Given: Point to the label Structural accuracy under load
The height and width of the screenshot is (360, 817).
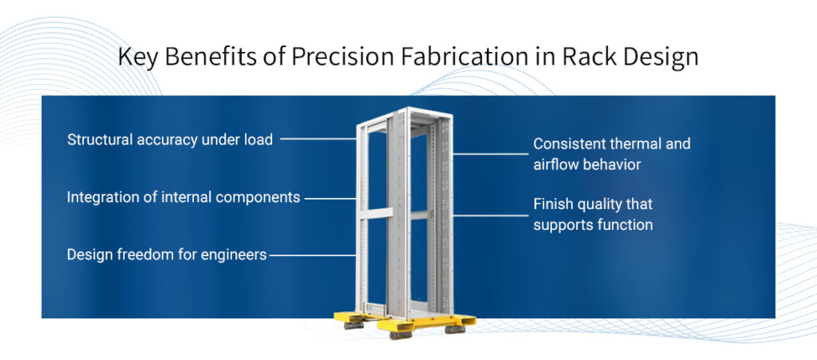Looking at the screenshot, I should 170,140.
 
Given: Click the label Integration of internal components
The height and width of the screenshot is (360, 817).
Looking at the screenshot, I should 184,196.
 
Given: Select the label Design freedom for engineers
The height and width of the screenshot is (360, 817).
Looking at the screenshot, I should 167,255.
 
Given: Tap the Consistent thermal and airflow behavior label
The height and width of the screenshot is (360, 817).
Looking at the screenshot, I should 612,154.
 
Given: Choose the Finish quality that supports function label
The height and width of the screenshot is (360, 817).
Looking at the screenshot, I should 593,215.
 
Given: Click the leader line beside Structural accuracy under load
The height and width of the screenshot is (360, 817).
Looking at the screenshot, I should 318,139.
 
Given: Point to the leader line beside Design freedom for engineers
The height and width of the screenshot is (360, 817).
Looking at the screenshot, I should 311,255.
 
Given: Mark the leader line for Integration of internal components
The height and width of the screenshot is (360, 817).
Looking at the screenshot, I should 330,197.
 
